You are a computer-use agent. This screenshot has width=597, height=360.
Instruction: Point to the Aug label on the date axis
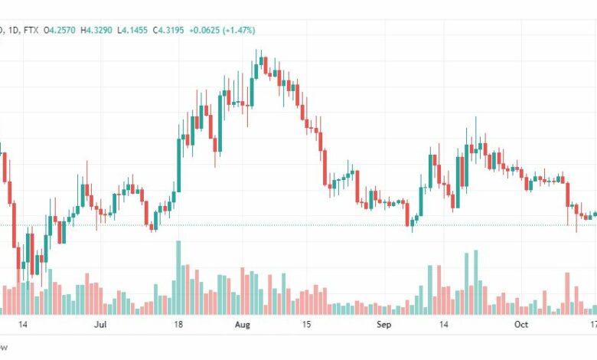point(243,325)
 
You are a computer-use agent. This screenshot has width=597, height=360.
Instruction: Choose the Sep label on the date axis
point(385,325)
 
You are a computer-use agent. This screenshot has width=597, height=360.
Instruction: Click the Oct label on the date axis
point(520,325)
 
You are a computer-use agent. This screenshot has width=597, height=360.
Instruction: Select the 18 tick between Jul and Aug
point(178,325)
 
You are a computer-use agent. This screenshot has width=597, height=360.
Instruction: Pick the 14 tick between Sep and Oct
point(442,325)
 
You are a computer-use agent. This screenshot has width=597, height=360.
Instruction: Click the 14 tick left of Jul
point(23,325)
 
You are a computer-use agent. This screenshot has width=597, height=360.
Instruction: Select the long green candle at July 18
point(179,165)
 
